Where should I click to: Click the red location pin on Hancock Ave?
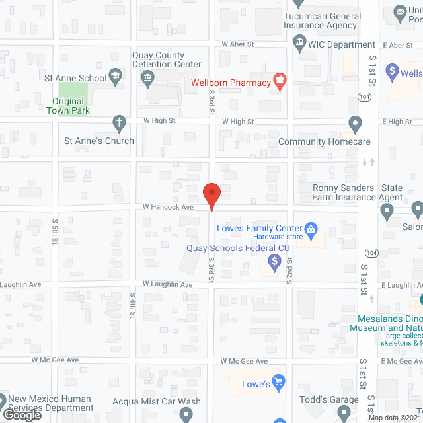(211, 196)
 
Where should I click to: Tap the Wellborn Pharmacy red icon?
(280, 82)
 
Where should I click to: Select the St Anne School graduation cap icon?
(116, 77)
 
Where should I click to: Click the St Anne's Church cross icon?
(119, 123)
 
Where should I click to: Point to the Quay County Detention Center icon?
(147, 79)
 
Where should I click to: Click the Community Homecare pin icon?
(355, 123)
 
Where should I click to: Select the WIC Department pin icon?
(299, 44)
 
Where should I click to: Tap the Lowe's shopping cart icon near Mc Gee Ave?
(279, 383)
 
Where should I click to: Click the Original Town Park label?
(68, 106)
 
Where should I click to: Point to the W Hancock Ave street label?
(168, 207)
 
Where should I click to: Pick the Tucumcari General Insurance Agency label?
(322, 20)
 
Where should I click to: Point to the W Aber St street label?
(238, 44)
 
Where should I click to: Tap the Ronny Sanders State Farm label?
(358, 192)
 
